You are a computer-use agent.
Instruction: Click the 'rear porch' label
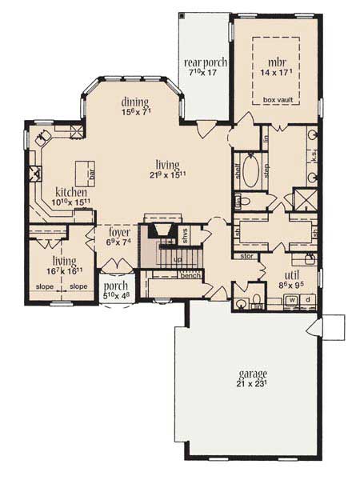click(x=206, y=64)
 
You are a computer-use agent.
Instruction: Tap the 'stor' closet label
click(x=246, y=258)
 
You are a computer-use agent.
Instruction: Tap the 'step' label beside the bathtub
click(x=266, y=170)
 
